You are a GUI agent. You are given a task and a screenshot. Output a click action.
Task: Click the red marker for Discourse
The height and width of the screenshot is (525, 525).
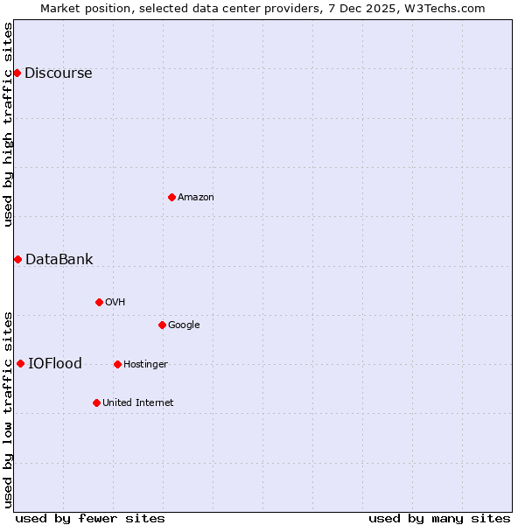(17, 73)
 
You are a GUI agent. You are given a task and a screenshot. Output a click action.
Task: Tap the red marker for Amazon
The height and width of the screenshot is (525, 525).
(171, 197)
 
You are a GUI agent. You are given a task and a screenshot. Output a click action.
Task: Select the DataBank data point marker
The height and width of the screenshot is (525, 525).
(17, 259)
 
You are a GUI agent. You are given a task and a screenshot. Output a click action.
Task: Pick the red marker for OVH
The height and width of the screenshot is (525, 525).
(99, 302)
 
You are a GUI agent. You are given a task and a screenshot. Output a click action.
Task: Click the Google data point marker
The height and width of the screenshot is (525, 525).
(162, 325)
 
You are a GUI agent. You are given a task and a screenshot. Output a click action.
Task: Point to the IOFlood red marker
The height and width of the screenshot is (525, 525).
(20, 363)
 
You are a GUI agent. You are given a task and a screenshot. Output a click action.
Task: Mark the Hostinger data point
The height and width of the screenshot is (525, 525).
(117, 364)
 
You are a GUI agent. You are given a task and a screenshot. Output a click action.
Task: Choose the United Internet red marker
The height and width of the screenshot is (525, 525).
(96, 402)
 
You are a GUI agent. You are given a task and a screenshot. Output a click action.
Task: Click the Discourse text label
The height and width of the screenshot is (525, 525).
(58, 73)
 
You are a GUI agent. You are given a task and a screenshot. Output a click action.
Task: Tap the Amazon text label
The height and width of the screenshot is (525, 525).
(196, 198)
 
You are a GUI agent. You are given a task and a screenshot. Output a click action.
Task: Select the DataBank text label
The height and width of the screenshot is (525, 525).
(59, 260)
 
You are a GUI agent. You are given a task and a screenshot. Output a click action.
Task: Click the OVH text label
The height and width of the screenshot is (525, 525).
(115, 303)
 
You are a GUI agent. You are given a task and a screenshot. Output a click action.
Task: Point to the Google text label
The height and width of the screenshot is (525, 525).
(184, 325)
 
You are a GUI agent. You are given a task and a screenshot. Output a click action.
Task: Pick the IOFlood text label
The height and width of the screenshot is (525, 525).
(55, 364)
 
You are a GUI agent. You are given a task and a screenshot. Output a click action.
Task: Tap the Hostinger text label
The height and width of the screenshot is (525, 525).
(145, 365)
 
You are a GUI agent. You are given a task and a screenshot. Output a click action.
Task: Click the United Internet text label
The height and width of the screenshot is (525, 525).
(137, 403)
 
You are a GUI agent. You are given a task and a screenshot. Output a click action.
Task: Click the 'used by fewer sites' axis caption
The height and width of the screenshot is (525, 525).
(90, 519)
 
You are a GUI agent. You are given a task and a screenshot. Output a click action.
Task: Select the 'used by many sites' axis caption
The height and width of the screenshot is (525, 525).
(439, 519)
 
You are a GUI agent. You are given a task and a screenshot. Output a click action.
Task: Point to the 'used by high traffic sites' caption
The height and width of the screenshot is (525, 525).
(8, 124)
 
